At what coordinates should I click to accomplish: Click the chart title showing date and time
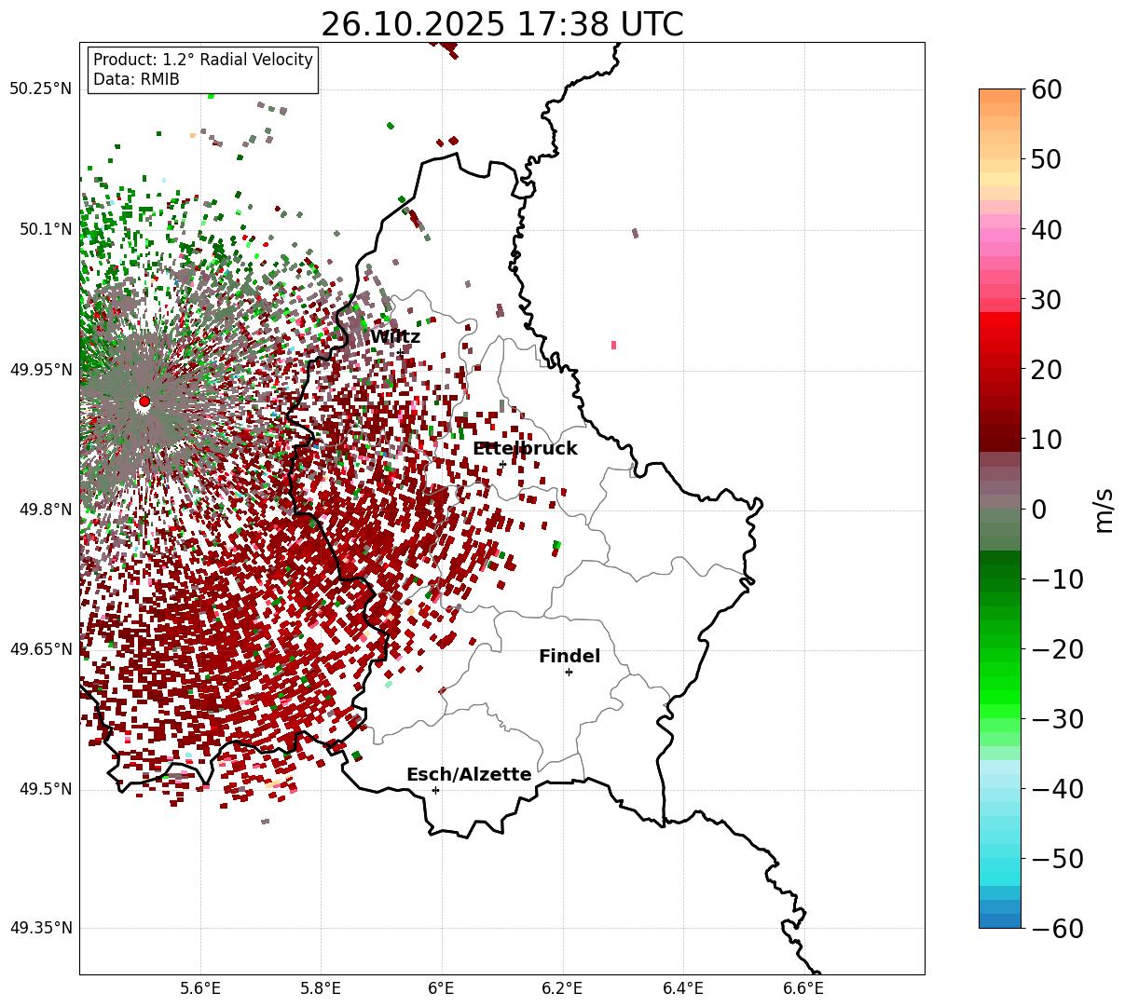(501, 24)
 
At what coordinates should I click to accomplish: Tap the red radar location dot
(144, 401)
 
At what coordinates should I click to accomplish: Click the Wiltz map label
(394, 337)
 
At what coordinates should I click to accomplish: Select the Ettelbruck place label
(525, 449)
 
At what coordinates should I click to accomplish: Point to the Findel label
(569, 657)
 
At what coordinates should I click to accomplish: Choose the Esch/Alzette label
(469, 775)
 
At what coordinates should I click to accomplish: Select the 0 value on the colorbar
(1038, 510)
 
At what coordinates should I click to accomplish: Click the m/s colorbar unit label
(1104, 510)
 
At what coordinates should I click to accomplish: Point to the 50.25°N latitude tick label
(40, 89)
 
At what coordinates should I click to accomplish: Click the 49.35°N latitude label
(40, 929)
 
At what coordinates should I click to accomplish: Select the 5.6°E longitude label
(200, 987)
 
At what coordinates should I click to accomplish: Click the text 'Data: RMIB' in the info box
(136, 80)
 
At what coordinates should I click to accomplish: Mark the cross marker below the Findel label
(569, 672)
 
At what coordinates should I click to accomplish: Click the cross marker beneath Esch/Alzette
(435, 790)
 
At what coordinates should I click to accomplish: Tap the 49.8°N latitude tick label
(44, 510)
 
